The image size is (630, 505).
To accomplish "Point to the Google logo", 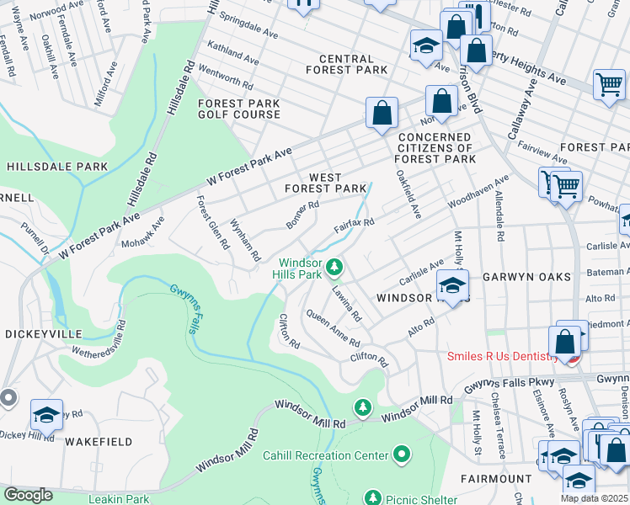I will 29,495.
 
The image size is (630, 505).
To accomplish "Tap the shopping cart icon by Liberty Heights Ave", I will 609,84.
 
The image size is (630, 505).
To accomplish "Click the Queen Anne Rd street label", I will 333,328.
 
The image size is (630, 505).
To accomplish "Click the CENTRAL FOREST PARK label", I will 346,64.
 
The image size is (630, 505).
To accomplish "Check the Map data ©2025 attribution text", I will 594,498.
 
